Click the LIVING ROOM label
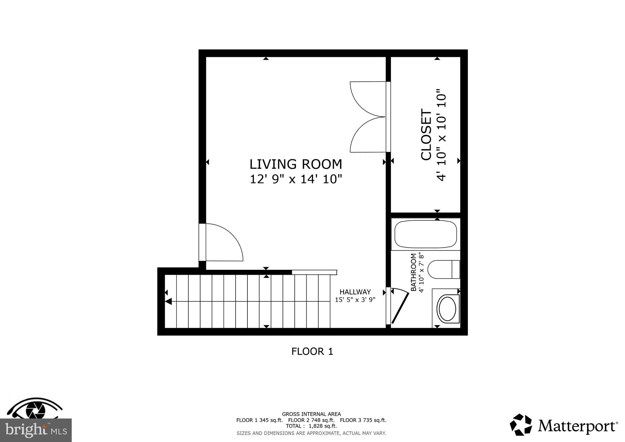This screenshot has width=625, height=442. click(x=296, y=165)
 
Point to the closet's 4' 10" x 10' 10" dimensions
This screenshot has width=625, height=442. click(x=442, y=135)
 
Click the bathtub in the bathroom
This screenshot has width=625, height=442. click(x=425, y=234)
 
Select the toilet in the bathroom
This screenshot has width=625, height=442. click(x=443, y=270)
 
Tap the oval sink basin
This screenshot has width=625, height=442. click(x=447, y=309)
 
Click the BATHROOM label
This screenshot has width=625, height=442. click(x=414, y=272)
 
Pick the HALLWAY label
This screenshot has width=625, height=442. click(x=355, y=292)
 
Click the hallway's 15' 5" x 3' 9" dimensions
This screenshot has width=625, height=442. click(x=355, y=300)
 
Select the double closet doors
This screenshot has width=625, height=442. click(x=368, y=117)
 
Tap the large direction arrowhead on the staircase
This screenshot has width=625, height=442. click(x=168, y=302)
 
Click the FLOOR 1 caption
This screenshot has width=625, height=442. click(x=312, y=352)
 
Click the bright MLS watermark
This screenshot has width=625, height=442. click(x=36, y=430)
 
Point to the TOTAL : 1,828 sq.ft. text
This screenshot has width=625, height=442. click(x=311, y=426)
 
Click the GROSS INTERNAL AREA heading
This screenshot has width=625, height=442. click(x=311, y=414)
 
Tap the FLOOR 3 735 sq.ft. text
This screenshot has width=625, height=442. click(x=363, y=420)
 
